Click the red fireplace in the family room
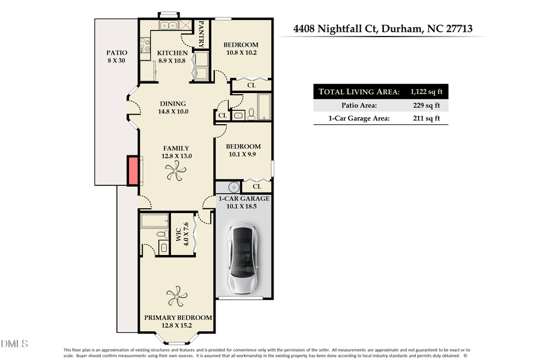132,171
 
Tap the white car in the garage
242,260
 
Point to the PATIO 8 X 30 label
117,57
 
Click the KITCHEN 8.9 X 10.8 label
173,57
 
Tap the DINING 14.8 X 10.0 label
172,107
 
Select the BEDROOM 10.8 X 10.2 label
241,49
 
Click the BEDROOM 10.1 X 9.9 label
243,151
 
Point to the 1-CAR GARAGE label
243,202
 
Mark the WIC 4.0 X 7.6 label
181,234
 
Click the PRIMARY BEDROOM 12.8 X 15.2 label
178,322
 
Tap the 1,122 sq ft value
425,92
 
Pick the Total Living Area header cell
359,92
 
